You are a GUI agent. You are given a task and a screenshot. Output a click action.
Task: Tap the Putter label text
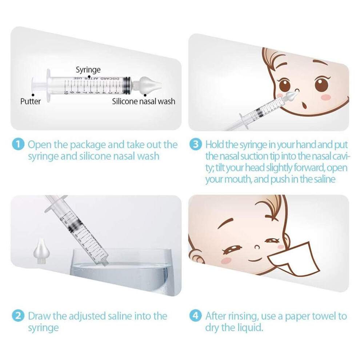coord(31,101)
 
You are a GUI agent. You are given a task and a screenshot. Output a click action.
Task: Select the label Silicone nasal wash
coord(144,101)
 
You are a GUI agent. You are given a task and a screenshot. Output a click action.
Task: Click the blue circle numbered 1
coord(18,145)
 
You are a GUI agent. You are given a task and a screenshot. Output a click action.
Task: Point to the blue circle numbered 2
coord(18,316)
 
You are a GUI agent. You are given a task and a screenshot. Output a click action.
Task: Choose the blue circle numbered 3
coord(195,145)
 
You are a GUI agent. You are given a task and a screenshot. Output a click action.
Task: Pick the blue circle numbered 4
coord(195,316)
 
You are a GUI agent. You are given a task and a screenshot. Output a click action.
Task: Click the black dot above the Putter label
coord(33,95)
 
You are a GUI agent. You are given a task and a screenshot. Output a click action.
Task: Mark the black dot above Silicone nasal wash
coord(145,95)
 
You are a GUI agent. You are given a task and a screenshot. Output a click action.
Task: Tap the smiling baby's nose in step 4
coord(257,248)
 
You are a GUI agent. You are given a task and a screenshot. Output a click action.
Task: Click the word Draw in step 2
coord(39,316)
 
